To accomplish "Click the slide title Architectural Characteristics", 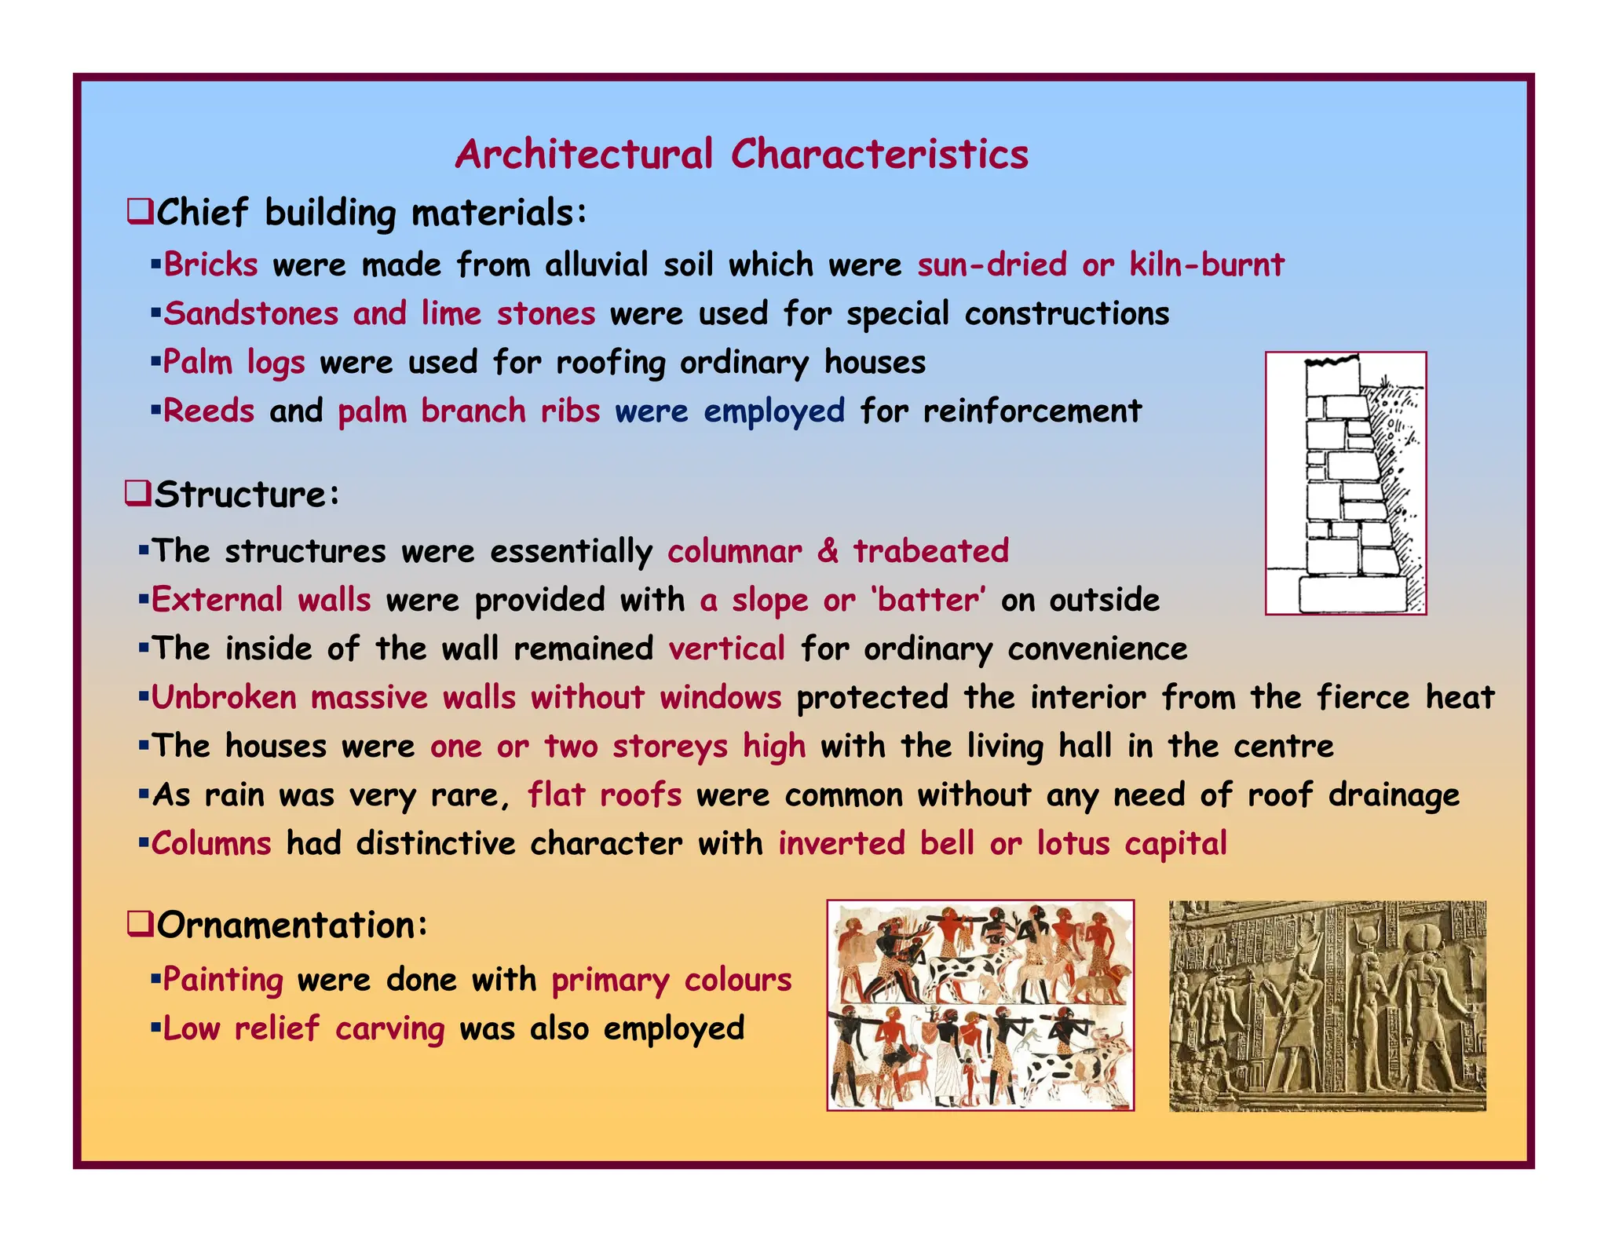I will pyautogui.click(x=741, y=154).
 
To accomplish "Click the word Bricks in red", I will pyautogui.click(x=210, y=265).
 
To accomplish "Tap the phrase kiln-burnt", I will pyautogui.click(x=1206, y=265).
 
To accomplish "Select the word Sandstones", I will pyautogui.click(x=250, y=313).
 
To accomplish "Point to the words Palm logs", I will pyautogui.click(x=233, y=363).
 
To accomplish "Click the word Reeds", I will pyautogui.click(x=208, y=411).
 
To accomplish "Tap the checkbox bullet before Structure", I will pyautogui.click(x=137, y=495).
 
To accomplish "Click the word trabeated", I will pyautogui.click(x=930, y=551).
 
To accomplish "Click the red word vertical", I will pyautogui.click(x=726, y=649).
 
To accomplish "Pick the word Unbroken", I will pyautogui.click(x=224, y=698).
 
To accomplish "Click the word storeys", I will pyautogui.click(x=670, y=747).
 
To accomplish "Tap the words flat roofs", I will pyautogui.click(x=604, y=795).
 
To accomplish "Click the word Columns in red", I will pyautogui.click(x=210, y=844).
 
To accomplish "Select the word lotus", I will pyautogui.click(x=1073, y=844).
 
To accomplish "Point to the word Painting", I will pyautogui.click(x=223, y=981).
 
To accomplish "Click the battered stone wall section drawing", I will pyautogui.click(x=1345, y=483).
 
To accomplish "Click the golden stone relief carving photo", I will pyautogui.click(x=1327, y=1006).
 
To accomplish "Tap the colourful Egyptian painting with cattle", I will pyautogui.click(x=980, y=1006).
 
